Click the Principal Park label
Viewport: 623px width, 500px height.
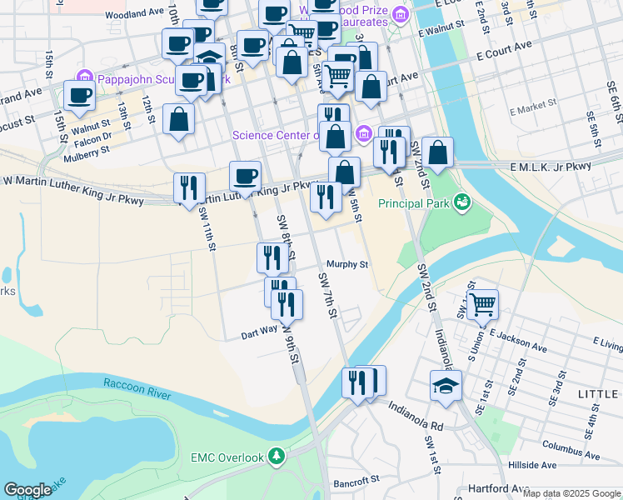[414, 202]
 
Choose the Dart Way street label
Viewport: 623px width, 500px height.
[259, 330]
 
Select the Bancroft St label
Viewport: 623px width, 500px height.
[356, 481]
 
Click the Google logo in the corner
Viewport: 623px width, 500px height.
[27, 490]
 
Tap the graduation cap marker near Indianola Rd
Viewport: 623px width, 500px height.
[446, 385]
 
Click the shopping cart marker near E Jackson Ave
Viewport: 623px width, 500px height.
[482, 304]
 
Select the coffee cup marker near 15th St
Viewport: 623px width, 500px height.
[79, 96]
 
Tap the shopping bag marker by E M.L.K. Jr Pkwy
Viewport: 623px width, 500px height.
[437, 152]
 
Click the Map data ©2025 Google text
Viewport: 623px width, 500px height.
[571, 493]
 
